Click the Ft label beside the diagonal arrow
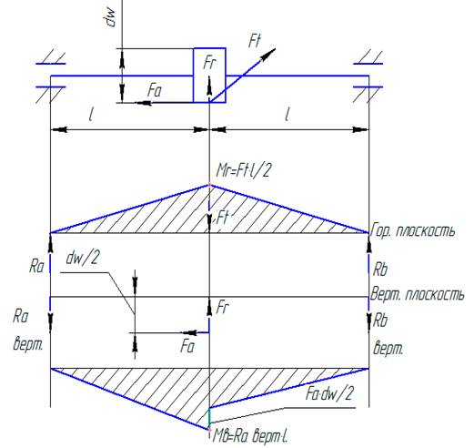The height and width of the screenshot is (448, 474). pyautogui.click(x=254, y=41)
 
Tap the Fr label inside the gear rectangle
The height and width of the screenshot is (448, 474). pyautogui.click(x=210, y=63)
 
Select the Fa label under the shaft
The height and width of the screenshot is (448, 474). pyautogui.click(x=155, y=91)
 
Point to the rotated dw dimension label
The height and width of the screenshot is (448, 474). pyautogui.click(x=110, y=17)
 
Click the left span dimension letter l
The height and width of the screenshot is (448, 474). pyautogui.click(x=91, y=115)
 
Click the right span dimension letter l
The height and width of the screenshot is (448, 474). pyautogui.click(x=287, y=115)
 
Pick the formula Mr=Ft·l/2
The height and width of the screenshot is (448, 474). pyautogui.click(x=243, y=170)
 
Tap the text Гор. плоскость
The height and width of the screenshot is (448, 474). pyautogui.click(x=413, y=231)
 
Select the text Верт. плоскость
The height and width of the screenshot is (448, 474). pyautogui.click(x=418, y=294)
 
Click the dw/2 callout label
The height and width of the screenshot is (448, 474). pyautogui.click(x=83, y=259)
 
